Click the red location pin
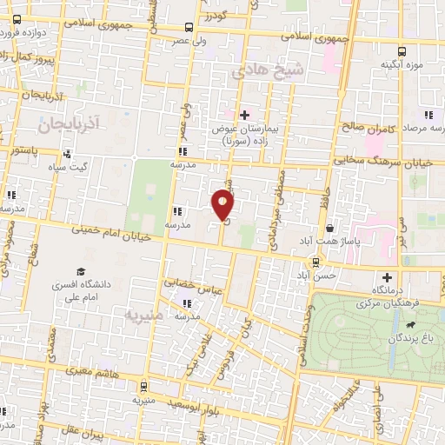tap(222, 205)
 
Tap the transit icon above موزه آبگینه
tap(402, 51)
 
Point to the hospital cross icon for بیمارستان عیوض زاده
tap(244, 114)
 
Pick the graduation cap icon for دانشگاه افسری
tap(81, 272)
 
